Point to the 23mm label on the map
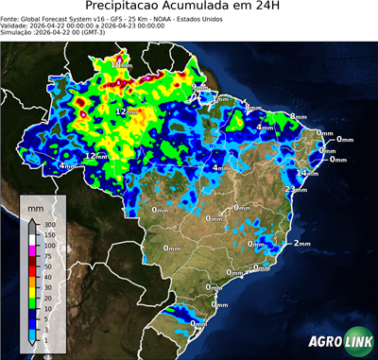point(296,190)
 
